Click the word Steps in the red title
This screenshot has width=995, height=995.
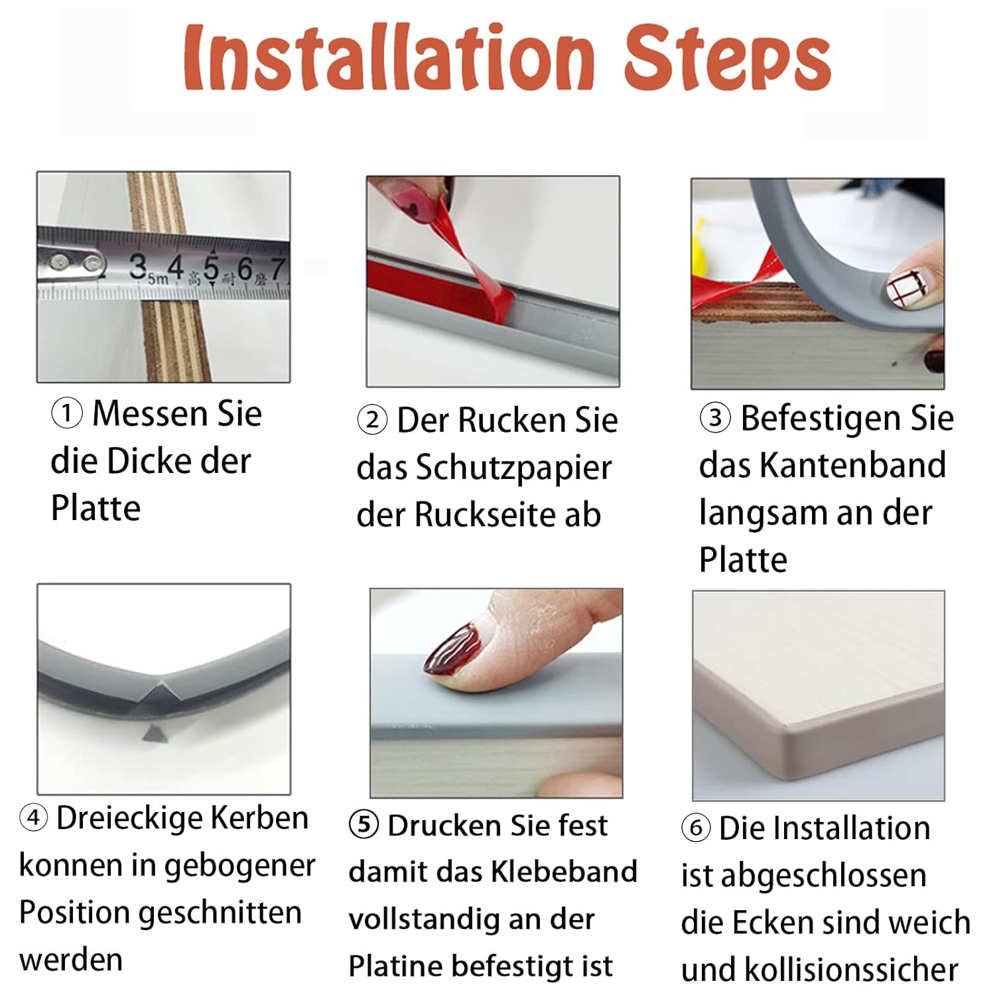[x=727, y=58]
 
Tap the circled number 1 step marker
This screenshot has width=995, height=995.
[x=67, y=414]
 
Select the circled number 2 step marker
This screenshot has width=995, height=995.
[x=372, y=421]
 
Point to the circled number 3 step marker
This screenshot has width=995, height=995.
[x=715, y=419]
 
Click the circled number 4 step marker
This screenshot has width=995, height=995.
[x=33, y=818]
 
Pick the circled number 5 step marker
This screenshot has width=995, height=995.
[x=364, y=826]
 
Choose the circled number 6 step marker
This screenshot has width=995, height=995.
[x=696, y=829]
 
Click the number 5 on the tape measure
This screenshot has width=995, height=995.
[x=211, y=269]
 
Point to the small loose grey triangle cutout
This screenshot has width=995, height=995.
[x=153, y=733]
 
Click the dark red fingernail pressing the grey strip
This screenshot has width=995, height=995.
[x=454, y=649]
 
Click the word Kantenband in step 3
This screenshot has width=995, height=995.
[x=852, y=465]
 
